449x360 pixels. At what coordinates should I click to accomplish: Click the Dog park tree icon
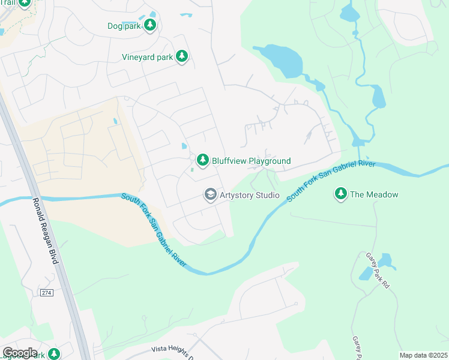click(x=150, y=25)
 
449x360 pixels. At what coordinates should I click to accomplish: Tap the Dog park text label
click(x=124, y=26)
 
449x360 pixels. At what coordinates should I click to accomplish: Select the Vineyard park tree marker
click(x=182, y=57)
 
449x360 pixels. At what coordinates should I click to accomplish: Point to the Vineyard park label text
click(x=148, y=58)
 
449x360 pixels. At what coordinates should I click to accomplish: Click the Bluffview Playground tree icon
click(x=203, y=160)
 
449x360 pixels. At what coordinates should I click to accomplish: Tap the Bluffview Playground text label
click(x=251, y=161)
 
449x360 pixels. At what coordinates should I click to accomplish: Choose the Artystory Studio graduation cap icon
click(x=210, y=194)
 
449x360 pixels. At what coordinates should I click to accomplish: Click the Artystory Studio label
click(x=250, y=195)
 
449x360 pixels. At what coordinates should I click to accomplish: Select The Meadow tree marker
click(x=341, y=194)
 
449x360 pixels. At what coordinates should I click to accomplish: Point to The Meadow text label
click(x=374, y=194)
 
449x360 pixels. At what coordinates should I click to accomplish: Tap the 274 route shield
click(x=47, y=293)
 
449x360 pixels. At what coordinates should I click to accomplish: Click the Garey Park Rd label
click(x=378, y=270)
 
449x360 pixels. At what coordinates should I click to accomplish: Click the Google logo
click(x=20, y=353)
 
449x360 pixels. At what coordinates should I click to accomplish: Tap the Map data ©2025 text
click(x=423, y=355)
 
